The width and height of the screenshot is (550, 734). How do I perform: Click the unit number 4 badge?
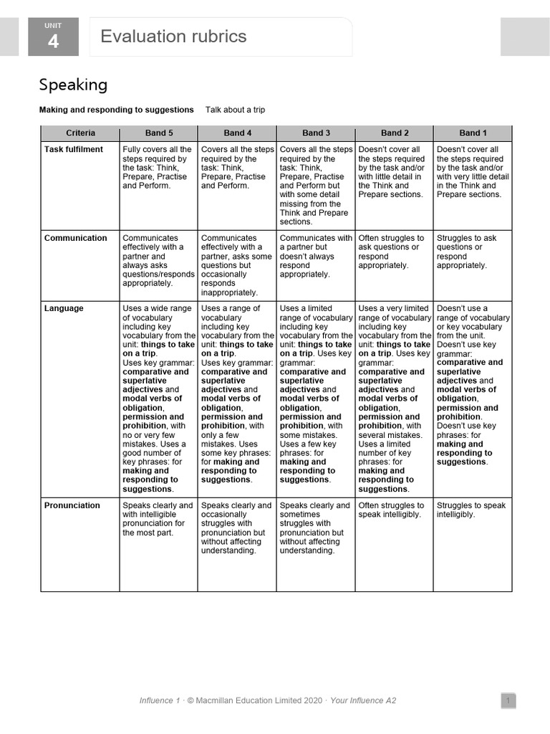coord(53,37)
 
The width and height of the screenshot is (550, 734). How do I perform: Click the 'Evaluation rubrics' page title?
coord(173,37)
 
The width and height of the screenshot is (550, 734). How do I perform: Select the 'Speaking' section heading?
coord(73,85)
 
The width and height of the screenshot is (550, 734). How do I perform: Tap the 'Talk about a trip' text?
coord(235,110)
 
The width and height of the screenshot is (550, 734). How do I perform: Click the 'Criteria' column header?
coord(80,133)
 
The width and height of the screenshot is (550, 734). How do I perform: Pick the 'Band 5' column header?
coord(159,133)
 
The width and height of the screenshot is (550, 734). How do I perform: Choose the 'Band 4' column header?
coord(238,133)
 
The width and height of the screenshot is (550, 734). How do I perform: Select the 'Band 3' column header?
coord(316,133)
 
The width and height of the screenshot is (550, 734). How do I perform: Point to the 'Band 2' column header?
coord(395,133)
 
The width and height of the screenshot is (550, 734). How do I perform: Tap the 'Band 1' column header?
coord(473,133)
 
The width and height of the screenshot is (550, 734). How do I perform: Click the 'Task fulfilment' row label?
coord(74,150)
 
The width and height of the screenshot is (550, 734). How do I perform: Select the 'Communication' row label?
coord(76,238)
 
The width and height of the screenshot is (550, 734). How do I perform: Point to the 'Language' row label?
coord(64,308)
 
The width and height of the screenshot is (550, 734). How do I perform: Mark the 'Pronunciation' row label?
coord(72,505)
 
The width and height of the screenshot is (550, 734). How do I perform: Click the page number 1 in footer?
coord(507,700)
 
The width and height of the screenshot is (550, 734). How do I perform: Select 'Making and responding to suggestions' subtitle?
coord(116,110)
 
